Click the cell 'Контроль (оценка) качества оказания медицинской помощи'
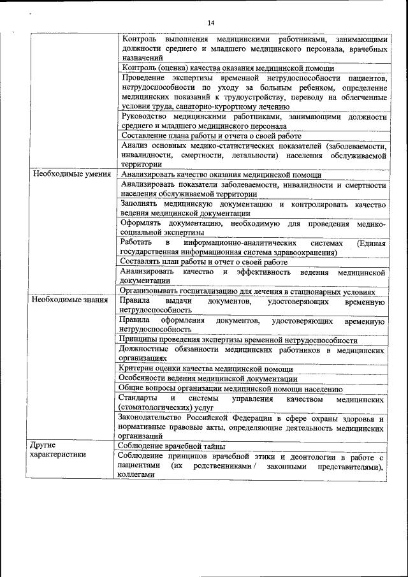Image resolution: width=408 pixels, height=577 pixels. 228,68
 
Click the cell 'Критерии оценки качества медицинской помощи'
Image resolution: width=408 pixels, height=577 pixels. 207,369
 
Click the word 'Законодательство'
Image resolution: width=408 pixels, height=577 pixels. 152,418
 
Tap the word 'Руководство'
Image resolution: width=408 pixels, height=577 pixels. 144,117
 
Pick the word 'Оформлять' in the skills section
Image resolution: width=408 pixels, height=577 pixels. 141,224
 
